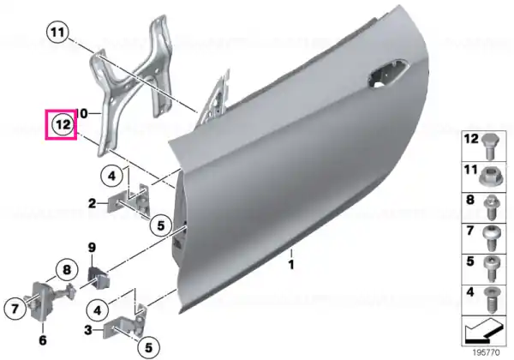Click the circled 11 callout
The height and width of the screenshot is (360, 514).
(x=57, y=33)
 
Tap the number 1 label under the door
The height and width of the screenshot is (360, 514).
(x=291, y=264)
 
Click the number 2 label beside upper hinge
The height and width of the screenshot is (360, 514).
(x=93, y=203)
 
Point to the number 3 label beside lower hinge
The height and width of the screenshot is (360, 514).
(x=88, y=330)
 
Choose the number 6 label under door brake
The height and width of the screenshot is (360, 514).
(x=43, y=340)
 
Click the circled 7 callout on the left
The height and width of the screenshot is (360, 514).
(x=15, y=309)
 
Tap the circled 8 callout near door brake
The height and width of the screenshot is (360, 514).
(x=67, y=270)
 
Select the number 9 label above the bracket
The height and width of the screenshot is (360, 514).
(x=92, y=248)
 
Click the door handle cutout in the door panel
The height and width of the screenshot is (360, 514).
(x=387, y=74)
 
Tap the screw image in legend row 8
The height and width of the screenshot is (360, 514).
(x=491, y=207)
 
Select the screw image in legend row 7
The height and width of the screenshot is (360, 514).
(x=491, y=238)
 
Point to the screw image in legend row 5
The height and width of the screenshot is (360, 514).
(x=491, y=269)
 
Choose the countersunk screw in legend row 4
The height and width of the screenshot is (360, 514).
(x=491, y=300)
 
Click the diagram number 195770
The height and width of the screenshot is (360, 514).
(x=486, y=352)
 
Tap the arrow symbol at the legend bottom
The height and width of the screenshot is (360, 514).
(x=484, y=330)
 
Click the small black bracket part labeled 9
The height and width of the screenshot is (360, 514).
(x=99, y=279)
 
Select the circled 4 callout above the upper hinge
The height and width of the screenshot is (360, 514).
(x=111, y=177)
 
